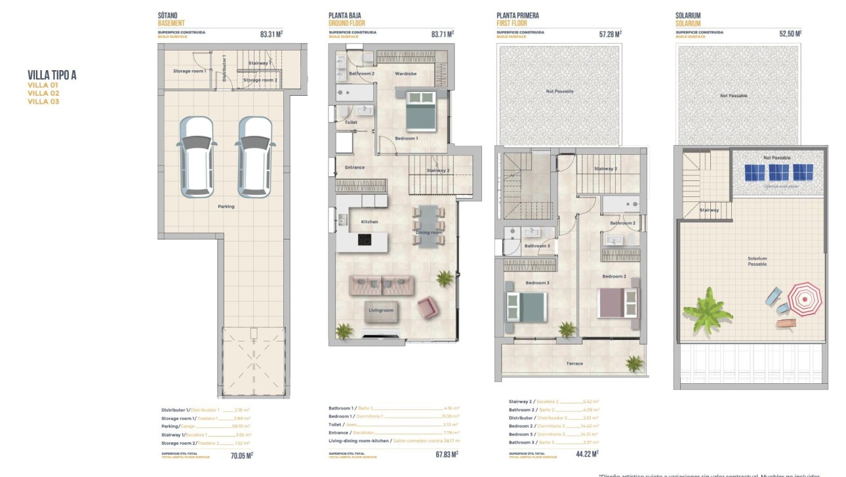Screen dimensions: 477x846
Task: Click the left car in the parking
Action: pos(195,157)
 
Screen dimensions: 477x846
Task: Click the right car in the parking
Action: pos(254,157)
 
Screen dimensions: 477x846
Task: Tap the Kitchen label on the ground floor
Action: pos(369,222)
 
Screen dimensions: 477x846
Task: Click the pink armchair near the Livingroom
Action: pos(428,307)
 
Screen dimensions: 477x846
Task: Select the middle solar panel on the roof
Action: pos(778,173)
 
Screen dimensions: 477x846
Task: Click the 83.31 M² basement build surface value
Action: pos(271,34)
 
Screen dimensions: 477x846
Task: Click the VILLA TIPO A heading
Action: pos(52,75)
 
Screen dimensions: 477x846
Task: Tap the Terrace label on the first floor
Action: pos(574,363)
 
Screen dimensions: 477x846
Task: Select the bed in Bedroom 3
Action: pos(526,307)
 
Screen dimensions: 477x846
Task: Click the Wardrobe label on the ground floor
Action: pos(405,73)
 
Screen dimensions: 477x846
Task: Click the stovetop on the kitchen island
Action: pos(365,240)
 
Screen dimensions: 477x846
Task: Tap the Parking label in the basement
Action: pos(226,206)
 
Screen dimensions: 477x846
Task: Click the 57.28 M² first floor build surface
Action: pos(610,34)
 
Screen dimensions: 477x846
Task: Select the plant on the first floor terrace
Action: pos(634,363)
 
